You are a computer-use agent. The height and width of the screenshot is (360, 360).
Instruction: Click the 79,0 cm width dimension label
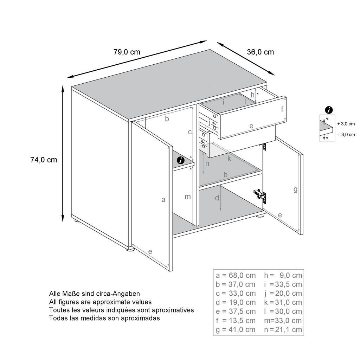[x=127, y=52]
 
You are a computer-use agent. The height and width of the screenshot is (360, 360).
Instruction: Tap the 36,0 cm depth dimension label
[x=260, y=52]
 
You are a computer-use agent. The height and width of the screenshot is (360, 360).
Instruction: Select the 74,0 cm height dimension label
[x=44, y=160]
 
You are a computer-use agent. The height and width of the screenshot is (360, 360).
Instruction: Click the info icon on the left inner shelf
[x=181, y=160]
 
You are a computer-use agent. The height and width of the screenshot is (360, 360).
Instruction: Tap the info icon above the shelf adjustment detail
[x=329, y=110]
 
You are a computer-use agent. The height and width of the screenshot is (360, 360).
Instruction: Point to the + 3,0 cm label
[x=346, y=124]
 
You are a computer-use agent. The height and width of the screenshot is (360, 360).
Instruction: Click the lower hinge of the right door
[x=260, y=194]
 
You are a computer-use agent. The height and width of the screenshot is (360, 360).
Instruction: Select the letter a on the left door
[x=163, y=200]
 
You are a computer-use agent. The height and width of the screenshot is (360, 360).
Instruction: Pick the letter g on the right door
[x=295, y=190]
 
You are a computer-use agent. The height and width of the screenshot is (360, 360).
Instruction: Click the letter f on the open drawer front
[x=282, y=109]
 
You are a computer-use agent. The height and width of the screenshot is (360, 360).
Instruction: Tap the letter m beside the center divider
[x=188, y=197]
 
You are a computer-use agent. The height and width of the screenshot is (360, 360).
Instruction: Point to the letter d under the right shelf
[x=217, y=198]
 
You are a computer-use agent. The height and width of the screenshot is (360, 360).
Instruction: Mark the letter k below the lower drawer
[x=229, y=159]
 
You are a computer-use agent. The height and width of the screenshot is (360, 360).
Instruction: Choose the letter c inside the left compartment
[x=189, y=132]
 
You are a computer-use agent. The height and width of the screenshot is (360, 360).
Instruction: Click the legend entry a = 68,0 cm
[x=236, y=275]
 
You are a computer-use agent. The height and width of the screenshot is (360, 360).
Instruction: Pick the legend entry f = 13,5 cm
[x=236, y=320]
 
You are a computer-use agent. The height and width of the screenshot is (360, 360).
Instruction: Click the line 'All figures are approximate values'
[x=100, y=302]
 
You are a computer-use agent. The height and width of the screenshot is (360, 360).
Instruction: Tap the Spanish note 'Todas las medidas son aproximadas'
[x=104, y=318]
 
